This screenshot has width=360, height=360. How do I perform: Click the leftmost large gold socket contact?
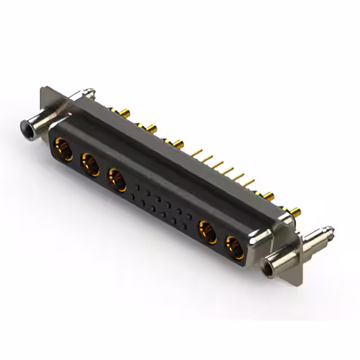[61, 149]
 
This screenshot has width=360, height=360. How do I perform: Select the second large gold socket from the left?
[90, 165]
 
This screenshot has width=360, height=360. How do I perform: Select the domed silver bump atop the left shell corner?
[88, 91]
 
